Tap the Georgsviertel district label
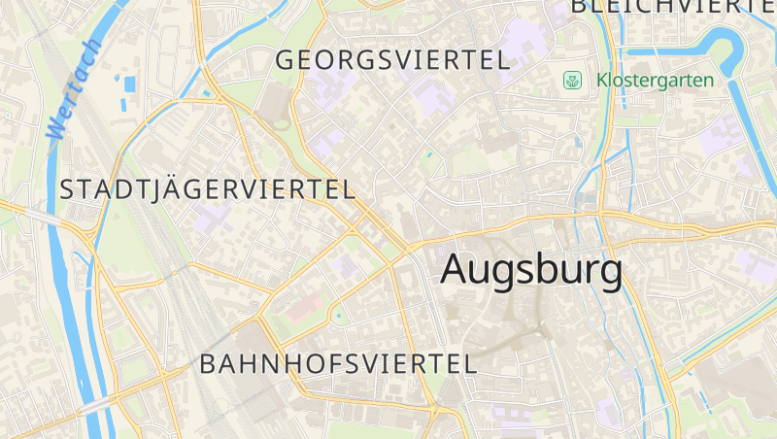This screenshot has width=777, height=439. pyautogui.click(x=392, y=60)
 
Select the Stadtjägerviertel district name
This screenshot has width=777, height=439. pyautogui.click(x=208, y=189)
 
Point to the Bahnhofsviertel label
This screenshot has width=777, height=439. pyautogui.click(x=338, y=364)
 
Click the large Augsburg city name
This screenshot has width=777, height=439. pyautogui.click(x=531, y=270)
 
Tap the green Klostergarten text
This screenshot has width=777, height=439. pyautogui.click(x=655, y=80)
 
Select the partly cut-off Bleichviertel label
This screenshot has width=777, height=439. pyautogui.click(x=672, y=6)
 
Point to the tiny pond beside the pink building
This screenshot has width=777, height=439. pyautogui.click(x=337, y=315)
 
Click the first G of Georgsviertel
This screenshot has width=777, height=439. pyautogui.click(x=286, y=60)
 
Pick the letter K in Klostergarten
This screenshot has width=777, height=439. pyautogui.click(x=602, y=80)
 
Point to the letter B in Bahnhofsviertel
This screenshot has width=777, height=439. pyautogui.click(x=207, y=364)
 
